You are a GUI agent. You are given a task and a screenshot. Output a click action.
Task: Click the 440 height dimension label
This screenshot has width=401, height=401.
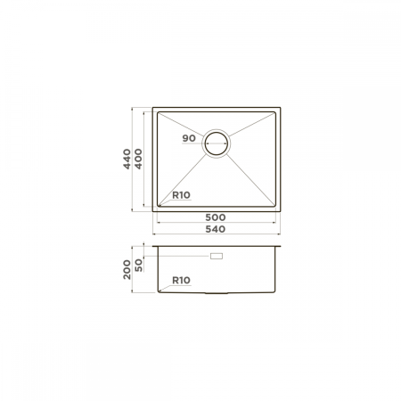[x=127, y=160]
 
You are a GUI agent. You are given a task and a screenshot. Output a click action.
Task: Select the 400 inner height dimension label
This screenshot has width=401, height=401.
[x=138, y=160]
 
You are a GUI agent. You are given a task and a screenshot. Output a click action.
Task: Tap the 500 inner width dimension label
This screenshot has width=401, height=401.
[x=216, y=217]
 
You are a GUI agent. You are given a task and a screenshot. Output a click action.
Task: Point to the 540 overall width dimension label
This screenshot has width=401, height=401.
[x=216, y=229]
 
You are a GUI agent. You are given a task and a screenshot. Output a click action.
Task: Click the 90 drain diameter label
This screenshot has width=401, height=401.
[x=189, y=138]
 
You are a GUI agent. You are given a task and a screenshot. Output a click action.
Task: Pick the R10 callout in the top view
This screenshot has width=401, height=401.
[x=181, y=195]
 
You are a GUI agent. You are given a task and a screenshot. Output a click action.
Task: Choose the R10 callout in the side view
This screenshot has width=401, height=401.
[x=181, y=280]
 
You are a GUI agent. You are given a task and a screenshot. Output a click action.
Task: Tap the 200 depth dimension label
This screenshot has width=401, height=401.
[x=127, y=269]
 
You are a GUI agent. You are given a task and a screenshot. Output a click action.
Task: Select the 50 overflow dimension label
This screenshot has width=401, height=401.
[x=138, y=265]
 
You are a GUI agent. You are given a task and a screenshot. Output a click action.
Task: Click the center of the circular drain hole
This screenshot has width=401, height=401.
[x=217, y=143]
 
